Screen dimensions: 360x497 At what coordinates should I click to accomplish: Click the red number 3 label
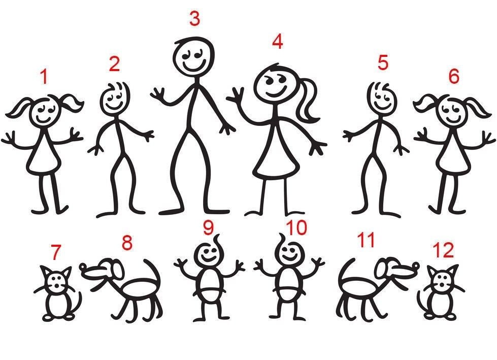click(x=195, y=19)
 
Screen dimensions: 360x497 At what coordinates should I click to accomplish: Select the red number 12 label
click(x=443, y=250)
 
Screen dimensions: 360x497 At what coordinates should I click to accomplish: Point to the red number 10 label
click(x=296, y=228)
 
